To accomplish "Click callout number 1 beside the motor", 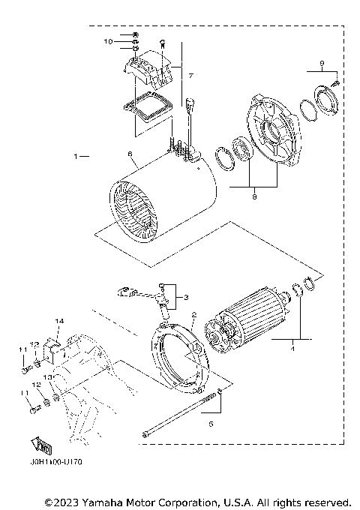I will [76, 157].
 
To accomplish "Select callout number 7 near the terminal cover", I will [191, 76].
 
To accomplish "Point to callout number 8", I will [255, 197].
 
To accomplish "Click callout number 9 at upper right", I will [321, 62].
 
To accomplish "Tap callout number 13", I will [45, 376].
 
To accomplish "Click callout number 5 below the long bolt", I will [210, 424].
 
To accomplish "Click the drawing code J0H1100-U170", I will [57, 462].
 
